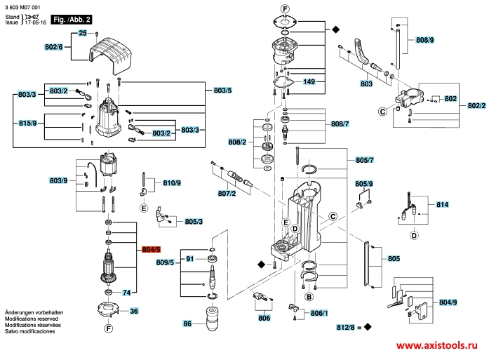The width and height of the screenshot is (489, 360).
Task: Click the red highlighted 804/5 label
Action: point(152,250)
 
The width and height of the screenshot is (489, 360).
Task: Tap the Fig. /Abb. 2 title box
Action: point(72,20)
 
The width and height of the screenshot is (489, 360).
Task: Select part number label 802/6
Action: point(53,47)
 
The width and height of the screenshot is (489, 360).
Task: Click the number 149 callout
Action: point(309,81)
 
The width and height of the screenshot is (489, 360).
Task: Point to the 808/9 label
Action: point(424,40)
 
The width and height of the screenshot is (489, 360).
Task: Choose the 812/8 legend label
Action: point(346,327)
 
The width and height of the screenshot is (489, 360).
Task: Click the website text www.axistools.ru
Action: point(437,345)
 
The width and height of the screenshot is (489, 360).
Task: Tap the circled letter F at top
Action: point(285,9)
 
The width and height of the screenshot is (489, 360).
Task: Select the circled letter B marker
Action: point(309,296)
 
